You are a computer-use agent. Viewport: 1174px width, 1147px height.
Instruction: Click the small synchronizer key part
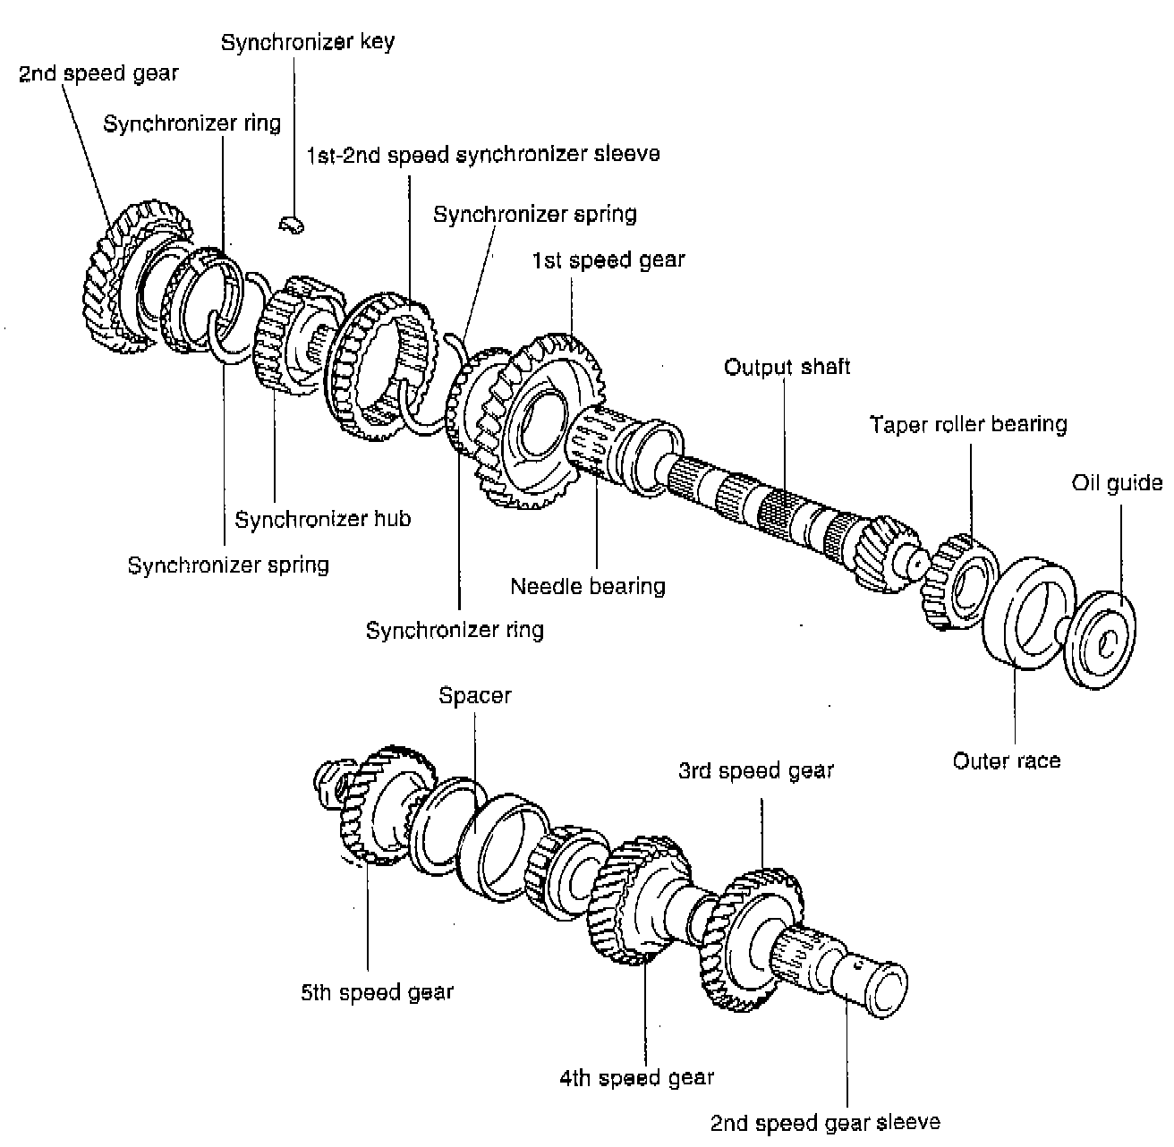tap(292, 225)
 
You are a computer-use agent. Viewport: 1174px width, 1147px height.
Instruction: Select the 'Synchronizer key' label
tap(307, 42)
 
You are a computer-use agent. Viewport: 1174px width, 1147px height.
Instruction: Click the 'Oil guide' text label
tap(1117, 484)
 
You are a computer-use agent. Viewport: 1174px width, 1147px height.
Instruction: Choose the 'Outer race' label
tap(1006, 761)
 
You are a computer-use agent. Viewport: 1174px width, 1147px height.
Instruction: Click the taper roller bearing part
tap(961, 580)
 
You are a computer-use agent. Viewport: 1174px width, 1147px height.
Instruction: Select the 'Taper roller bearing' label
tap(968, 424)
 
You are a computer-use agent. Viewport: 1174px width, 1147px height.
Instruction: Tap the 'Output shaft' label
tap(787, 367)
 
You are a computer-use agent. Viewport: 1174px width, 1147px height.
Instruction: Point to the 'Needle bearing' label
tap(588, 587)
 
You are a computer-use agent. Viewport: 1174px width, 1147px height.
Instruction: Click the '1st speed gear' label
tap(608, 260)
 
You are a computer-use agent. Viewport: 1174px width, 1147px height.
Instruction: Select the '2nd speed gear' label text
tap(98, 73)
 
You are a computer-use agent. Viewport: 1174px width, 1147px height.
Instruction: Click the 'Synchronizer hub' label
tap(322, 519)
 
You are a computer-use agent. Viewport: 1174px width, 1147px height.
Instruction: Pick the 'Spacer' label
tap(474, 696)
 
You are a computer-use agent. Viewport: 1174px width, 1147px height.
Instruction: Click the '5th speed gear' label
tap(377, 992)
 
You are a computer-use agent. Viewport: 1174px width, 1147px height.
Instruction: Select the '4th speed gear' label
tap(637, 1078)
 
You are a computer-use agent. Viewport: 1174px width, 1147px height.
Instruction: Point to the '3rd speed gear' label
tap(755, 771)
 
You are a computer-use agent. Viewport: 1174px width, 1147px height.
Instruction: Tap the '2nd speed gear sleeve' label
tap(825, 1123)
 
